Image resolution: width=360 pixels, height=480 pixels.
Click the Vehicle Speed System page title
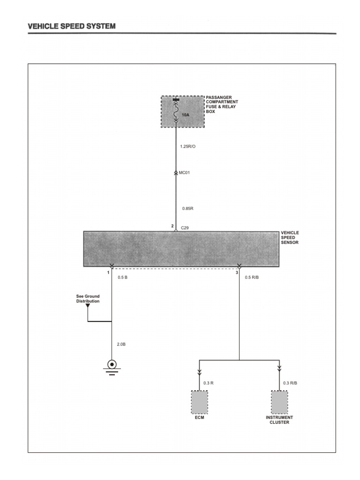71,26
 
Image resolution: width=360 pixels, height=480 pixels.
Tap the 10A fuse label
186,114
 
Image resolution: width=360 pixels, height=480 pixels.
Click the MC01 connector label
185,173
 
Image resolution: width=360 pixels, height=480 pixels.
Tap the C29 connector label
185,228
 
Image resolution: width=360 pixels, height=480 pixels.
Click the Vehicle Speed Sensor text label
290,238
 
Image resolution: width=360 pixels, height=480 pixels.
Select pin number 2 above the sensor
172,226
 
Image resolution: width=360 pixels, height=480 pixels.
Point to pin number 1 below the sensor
108,272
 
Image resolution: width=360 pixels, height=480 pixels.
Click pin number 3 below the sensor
237,272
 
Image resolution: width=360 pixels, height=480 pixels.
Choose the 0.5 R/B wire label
252,277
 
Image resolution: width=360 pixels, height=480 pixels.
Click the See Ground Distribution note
88,299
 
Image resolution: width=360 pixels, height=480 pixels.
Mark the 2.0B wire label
121,345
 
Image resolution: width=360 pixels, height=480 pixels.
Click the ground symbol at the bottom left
112,365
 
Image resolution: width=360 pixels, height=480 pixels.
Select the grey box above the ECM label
199,402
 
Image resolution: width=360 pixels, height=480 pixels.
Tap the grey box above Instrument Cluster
279,402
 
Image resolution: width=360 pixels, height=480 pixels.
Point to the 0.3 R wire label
209,383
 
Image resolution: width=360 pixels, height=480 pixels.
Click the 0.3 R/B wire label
290,383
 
